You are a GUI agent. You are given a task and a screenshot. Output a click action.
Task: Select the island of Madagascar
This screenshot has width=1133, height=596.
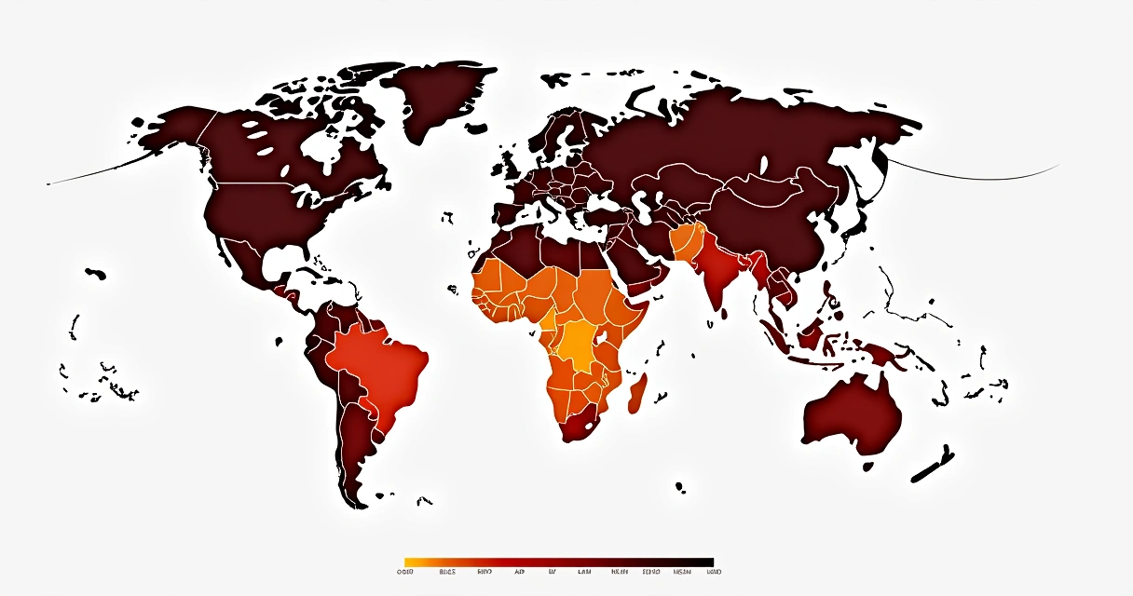tap(637, 393)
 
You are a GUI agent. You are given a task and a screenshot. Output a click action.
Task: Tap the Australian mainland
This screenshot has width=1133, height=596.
tap(853, 414)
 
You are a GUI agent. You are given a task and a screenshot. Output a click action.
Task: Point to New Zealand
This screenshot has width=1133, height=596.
tap(933, 465)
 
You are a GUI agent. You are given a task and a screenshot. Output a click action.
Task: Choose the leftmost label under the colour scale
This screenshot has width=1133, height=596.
tap(405, 572)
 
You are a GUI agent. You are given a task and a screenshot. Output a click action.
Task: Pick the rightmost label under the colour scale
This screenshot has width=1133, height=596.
tap(714, 572)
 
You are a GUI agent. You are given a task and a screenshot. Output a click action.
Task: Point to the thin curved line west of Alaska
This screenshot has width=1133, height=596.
tap(93, 177)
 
